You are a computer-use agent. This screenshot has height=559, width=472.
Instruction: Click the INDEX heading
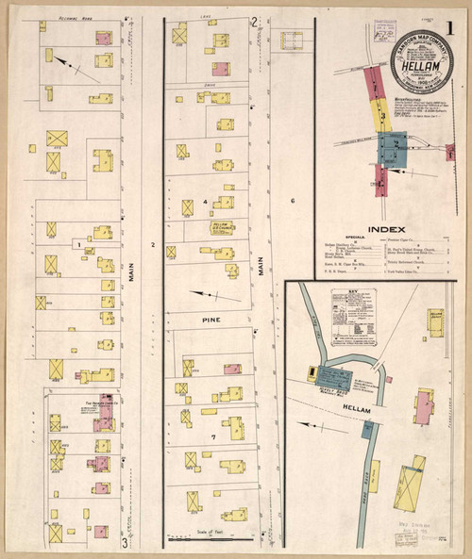click(x=387, y=229)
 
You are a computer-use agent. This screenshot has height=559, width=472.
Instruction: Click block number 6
click(x=293, y=202)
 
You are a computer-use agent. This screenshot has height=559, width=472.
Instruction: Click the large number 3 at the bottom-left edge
click(x=124, y=543)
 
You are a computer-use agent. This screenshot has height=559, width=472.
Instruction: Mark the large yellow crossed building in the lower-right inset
click(x=412, y=490)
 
